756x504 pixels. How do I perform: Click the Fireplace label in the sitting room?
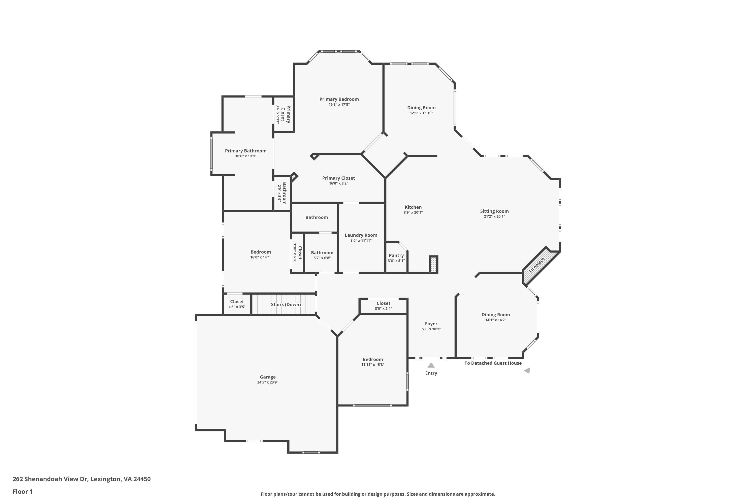pyautogui.click(x=537, y=265)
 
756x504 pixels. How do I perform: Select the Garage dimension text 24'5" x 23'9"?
pyautogui.click(x=267, y=382)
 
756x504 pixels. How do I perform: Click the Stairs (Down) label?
pyautogui.click(x=286, y=304)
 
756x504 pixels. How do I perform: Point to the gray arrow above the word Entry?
pyautogui.click(x=431, y=365)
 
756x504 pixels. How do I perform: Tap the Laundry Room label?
pyautogui.click(x=361, y=235)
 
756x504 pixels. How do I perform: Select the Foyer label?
pyautogui.click(x=431, y=324)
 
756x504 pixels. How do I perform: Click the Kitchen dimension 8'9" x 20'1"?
pyautogui.click(x=413, y=212)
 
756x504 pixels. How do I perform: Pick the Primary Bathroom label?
pyautogui.click(x=245, y=151)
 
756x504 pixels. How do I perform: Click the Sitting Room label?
pyautogui.click(x=494, y=211)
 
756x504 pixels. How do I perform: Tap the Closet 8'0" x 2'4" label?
pyautogui.click(x=384, y=303)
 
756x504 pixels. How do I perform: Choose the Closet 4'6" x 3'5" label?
pyautogui.click(x=237, y=301)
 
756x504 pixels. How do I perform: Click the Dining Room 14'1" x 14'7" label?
pyautogui.click(x=496, y=315)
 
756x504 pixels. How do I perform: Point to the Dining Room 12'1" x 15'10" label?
pyautogui.click(x=421, y=108)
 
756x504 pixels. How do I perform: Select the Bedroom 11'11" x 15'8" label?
pyautogui.click(x=373, y=359)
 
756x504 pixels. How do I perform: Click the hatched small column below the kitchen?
pyautogui.click(x=434, y=265)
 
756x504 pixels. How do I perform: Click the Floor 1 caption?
pyautogui.click(x=22, y=491)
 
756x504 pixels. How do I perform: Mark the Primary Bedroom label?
pyautogui.click(x=339, y=99)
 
